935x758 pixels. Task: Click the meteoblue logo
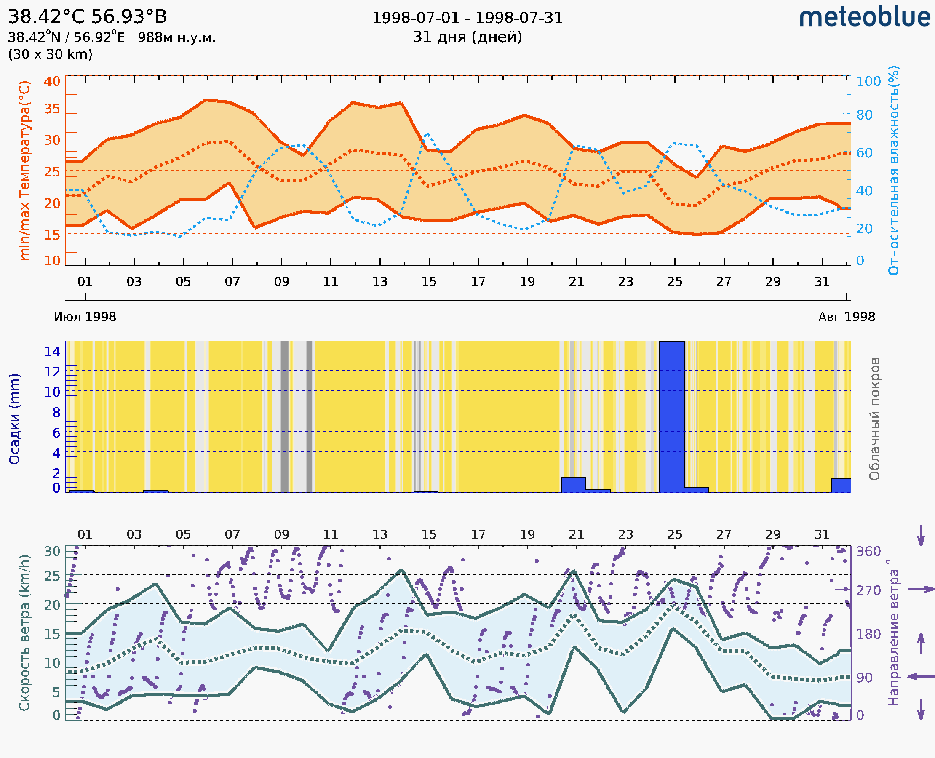click(x=864, y=17)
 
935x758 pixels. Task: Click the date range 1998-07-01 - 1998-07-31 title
click(x=467, y=18)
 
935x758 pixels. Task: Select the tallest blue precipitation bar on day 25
click(x=672, y=416)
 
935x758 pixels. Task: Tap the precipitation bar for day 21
click(x=573, y=485)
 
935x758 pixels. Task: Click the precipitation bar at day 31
click(x=841, y=486)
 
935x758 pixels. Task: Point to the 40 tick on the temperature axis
click(x=52, y=81)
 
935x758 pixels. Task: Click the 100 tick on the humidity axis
click(x=868, y=82)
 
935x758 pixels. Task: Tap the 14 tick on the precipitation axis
click(x=52, y=351)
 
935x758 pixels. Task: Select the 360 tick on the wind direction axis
click(x=868, y=552)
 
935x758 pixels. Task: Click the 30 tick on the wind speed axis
click(x=52, y=552)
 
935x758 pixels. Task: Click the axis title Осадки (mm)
click(x=14, y=419)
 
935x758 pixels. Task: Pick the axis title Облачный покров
click(x=874, y=419)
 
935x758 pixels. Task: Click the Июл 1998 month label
click(x=85, y=317)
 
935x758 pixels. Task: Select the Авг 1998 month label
click(x=847, y=317)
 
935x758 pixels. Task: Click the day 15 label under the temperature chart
click(x=429, y=282)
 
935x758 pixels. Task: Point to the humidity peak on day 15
click(x=427, y=134)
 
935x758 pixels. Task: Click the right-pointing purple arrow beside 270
click(x=921, y=590)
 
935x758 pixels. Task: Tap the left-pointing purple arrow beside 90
click(x=921, y=676)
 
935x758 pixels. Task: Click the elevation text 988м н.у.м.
click(x=177, y=38)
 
